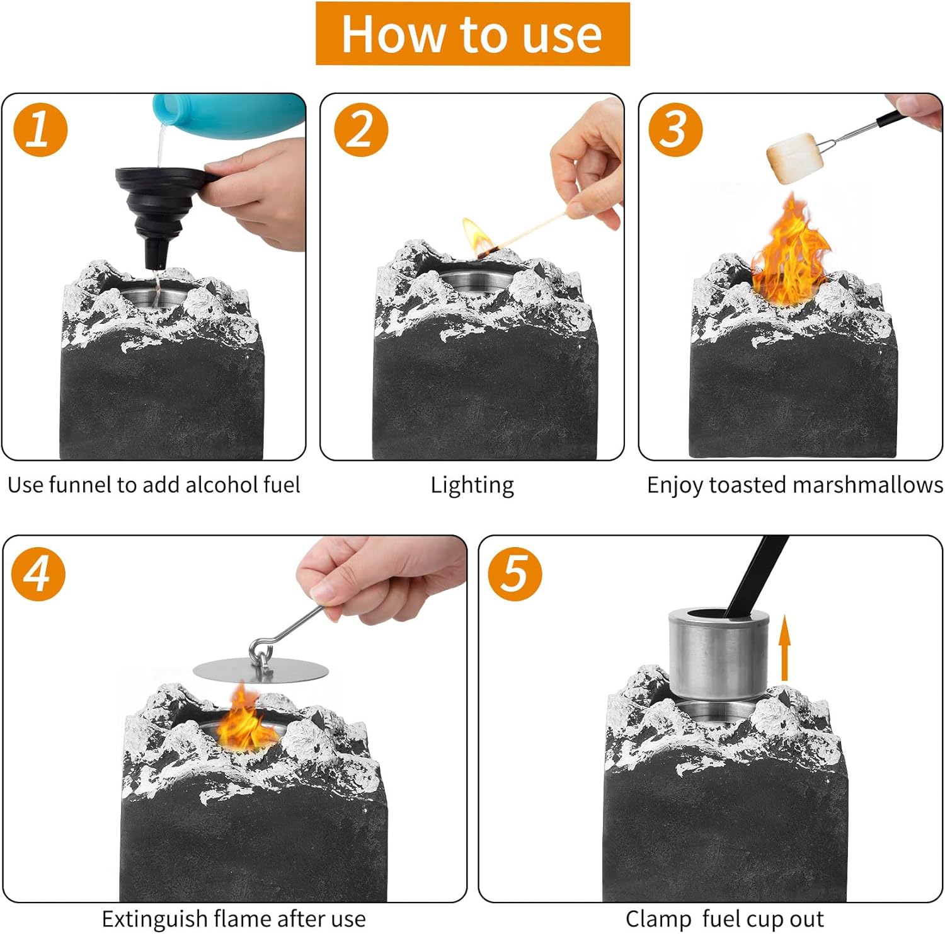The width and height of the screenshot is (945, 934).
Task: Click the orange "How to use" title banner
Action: [x=472, y=33]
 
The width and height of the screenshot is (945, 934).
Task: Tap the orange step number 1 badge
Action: [x=40, y=130]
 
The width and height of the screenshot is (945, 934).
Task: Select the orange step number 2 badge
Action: [x=361, y=130]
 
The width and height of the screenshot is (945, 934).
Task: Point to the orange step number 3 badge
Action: [x=676, y=130]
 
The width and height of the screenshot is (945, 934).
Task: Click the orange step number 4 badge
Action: [x=38, y=574]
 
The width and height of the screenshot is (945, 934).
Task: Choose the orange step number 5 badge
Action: [x=515, y=574]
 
